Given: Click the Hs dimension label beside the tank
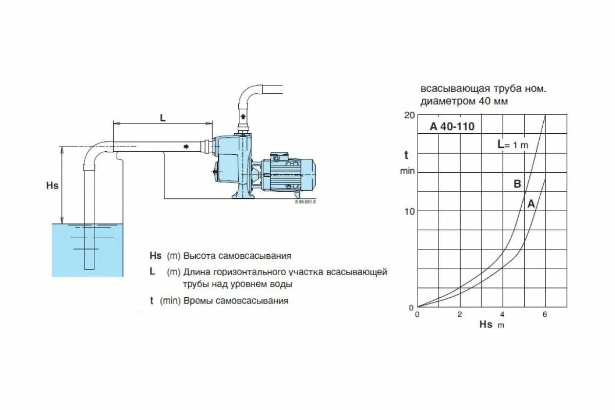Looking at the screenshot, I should coord(52,186).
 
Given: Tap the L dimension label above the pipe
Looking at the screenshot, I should coord(163,118).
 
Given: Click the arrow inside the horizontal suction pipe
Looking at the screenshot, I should coord(186,147).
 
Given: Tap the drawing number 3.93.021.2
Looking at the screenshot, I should coord(305,202).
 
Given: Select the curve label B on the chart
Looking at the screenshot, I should coord(517,184).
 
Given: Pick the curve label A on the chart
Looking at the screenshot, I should coord(531,204).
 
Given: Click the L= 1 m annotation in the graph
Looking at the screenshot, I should coord(512,145).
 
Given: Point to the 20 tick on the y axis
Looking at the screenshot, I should coord(408,115).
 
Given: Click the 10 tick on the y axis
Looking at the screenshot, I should coord(409,211).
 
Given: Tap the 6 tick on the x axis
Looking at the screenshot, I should coord(545,315).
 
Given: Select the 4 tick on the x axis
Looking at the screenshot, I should coord(502,315).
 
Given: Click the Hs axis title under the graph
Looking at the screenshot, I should coord(486,324).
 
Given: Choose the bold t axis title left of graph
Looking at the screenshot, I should coord(406,155).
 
